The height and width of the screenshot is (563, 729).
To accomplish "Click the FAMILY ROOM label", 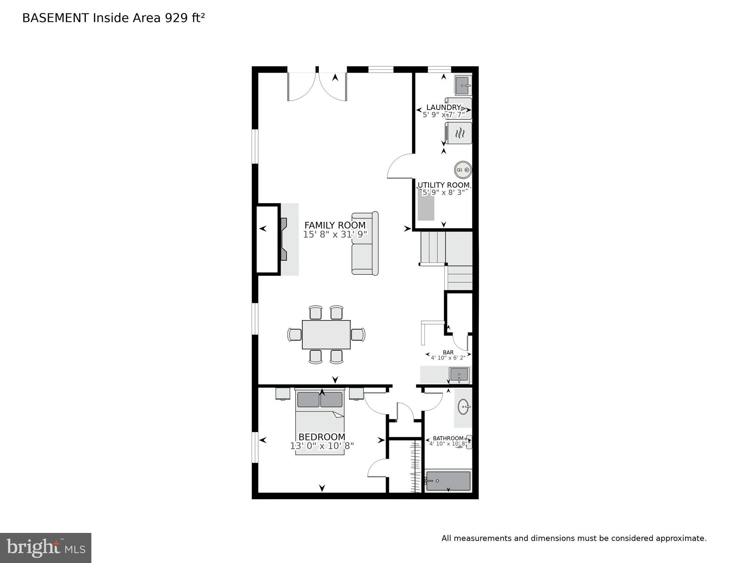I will pyautogui.click(x=335, y=225).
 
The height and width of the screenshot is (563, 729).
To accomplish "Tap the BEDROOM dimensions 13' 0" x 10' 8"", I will pyautogui.click(x=322, y=446).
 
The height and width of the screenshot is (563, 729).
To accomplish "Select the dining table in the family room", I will pyautogui.click(x=326, y=334).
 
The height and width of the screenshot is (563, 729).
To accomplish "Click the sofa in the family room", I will pyautogui.click(x=365, y=243).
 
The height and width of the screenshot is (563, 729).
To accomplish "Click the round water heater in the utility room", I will pyautogui.click(x=463, y=170).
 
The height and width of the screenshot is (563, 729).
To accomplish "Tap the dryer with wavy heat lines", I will pyautogui.click(x=459, y=133).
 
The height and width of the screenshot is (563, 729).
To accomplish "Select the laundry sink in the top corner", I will pyautogui.click(x=463, y=85).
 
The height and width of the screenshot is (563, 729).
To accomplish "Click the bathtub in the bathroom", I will pyautogui.click(x=448, y=481).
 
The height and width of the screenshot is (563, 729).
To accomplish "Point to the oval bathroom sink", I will pyautogui.click(x=463, y=407).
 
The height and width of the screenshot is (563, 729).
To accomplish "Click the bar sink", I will pyautogui.click(x=459, y=375).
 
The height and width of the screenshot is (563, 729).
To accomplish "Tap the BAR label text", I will pyautogui.click(x=448, y=352).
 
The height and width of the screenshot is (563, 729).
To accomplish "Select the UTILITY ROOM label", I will pyautogui.click(x=444, y=185).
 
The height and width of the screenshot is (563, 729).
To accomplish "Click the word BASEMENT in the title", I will pyautogui.click(x=55, y=18).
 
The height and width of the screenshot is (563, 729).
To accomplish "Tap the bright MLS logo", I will pyautogui.click(x=45, y=548).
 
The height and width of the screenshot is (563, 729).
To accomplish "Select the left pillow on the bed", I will pyautogui.click(x=308, y=399).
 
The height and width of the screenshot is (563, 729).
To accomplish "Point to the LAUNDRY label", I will pyautogui.click(x=443, y=107).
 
